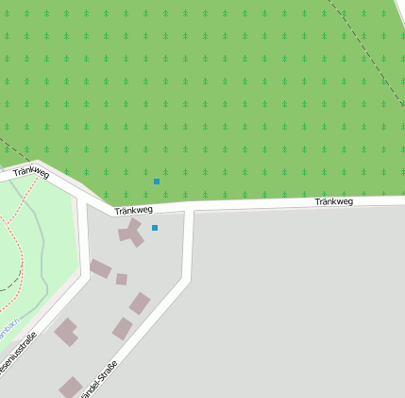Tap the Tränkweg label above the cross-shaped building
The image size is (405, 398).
(x=133, y=209)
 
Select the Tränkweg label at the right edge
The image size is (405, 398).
(x=333, y=201)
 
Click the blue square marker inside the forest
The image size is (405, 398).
(x=157, y=182)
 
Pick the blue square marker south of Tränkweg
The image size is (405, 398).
(x=155, y=228)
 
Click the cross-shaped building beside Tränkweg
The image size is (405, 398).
(x=131, y=232)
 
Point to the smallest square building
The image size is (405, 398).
(x=121, y=279)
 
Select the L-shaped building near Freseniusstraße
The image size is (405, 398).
(x=65, y=331)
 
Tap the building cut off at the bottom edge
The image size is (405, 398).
(x=71, y=388)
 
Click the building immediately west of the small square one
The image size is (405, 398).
(x=100, y=268)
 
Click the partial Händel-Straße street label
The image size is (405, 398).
(x=102, y=378)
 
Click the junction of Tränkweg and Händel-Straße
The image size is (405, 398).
(x=189, y=209)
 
